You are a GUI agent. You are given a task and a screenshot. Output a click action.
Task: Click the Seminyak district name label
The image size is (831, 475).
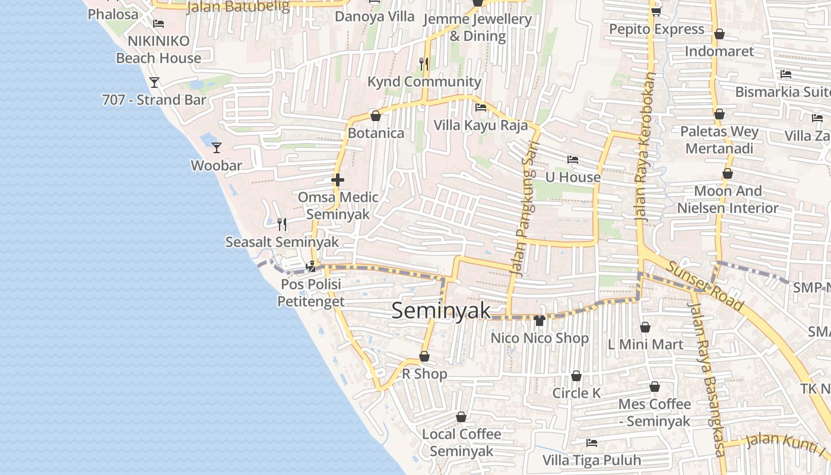(441, 311)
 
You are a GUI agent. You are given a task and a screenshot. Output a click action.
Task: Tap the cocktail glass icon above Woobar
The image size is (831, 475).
(217, 147)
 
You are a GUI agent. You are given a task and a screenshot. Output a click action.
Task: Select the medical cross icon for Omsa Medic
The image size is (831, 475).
(338, 179)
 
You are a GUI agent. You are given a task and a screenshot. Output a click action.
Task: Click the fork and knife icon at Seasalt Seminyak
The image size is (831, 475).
(282, 224)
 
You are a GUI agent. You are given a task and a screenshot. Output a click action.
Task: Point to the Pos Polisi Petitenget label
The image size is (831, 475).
(311, 293)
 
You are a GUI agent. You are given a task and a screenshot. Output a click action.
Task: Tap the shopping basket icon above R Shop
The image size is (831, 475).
(424, 356)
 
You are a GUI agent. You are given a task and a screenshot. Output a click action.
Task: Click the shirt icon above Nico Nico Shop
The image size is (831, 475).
(539, 321)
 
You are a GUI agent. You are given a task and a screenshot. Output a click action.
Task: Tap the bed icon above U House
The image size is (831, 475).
(573, 159)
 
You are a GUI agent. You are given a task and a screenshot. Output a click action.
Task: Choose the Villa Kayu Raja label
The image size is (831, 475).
(480, 125)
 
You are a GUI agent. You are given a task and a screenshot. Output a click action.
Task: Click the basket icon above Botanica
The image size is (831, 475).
(375, 115)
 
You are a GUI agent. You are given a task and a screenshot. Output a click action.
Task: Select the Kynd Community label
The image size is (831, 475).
(424, 82)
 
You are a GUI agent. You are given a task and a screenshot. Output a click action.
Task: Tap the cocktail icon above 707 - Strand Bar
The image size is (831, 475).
(154, 82)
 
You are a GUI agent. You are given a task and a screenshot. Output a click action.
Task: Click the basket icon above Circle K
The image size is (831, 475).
(576, 376)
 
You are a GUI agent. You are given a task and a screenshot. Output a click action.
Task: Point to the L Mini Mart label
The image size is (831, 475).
(645, 344)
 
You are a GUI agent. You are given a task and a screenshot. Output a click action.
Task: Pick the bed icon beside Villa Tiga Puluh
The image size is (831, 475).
(591, 442)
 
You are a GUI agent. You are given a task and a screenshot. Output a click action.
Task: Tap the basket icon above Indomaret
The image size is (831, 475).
(719, 34)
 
